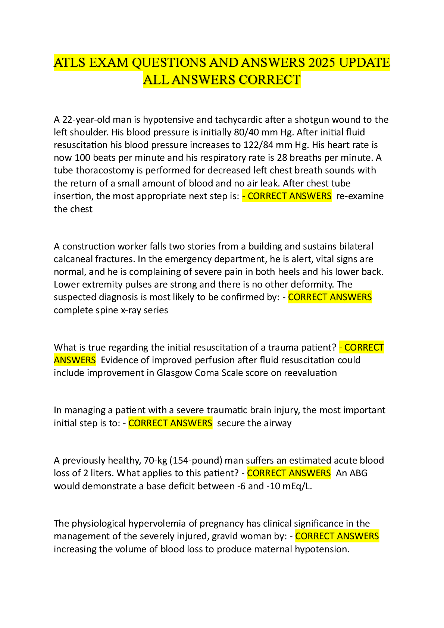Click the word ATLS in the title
[70, 63]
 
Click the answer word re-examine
[360, 196]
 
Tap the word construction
[88, 247]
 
